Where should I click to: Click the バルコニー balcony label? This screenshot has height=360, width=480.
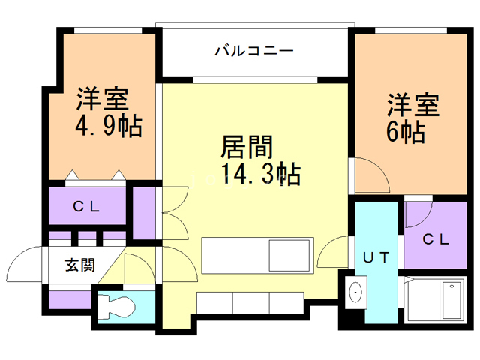pyautogui.click(x=253, y=52)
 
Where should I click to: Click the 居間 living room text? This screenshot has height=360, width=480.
pyautogui.click(x=246, y=145)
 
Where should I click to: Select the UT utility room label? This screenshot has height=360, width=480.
pyautogui.click(x=376, y=257)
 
